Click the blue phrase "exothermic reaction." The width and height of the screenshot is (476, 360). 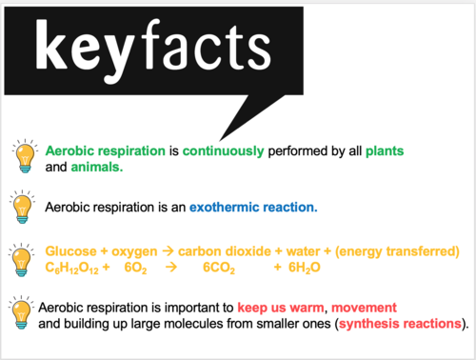(x=252, y=207)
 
